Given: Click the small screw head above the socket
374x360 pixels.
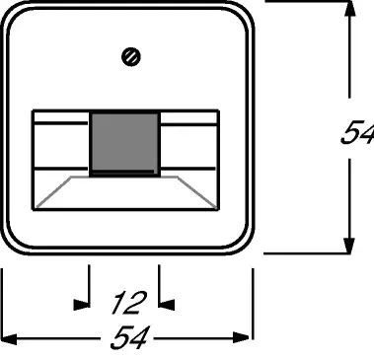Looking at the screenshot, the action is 131,57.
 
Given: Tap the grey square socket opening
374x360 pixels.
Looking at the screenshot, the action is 125,142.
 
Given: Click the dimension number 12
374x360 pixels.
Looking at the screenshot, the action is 129,303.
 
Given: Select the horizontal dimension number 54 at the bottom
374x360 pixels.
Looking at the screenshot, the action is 130,337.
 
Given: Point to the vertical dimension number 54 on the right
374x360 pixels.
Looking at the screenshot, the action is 357,133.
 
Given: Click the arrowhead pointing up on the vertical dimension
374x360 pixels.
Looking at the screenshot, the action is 349,9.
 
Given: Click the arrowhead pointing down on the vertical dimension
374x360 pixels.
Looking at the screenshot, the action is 349,246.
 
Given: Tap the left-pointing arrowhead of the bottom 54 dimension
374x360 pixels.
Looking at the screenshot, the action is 9,338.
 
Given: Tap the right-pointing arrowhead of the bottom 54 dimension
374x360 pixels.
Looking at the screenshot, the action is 241,337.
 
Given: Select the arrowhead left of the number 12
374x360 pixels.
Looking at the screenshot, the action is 81,305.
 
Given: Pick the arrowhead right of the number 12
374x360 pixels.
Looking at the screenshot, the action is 167,305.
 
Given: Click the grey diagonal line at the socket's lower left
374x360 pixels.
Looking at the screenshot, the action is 53,192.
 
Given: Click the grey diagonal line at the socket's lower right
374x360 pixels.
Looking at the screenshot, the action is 197,192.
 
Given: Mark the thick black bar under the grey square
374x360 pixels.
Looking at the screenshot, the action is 122,172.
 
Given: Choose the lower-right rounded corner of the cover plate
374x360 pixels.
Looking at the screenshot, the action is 242,243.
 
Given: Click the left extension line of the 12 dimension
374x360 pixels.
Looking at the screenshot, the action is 89,286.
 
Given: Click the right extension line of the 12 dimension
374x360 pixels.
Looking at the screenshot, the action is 159,286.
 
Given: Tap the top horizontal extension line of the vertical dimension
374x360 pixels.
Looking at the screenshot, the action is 308,2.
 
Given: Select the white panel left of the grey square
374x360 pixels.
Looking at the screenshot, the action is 61,146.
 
